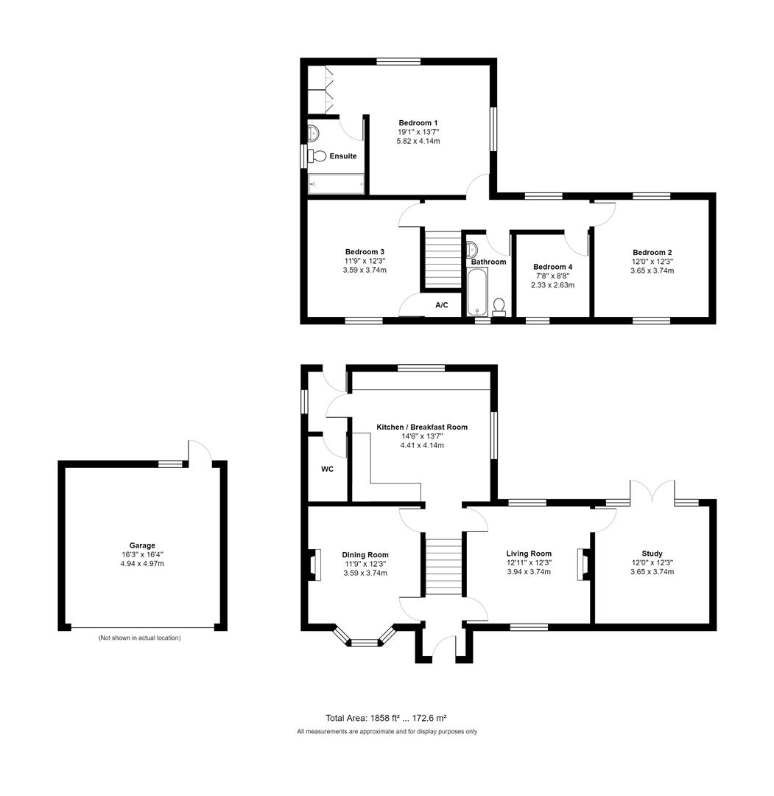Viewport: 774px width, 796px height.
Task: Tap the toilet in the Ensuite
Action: (317, 156)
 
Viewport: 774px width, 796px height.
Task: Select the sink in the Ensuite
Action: (313, 133)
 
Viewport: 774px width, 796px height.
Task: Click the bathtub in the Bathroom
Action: (476, 292)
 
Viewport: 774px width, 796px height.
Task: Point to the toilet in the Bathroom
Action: (499, 306)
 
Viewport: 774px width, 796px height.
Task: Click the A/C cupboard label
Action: (442, 305)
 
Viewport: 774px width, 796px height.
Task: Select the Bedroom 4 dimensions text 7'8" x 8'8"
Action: (552, 276)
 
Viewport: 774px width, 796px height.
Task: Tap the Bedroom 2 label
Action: (652, 251)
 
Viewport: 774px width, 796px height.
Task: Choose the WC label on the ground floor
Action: (328, 469)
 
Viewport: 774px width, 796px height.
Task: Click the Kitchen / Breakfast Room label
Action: (422, 427)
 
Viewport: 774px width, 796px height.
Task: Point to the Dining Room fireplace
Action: (314, 565)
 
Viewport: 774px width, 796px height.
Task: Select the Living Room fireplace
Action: (584, 564)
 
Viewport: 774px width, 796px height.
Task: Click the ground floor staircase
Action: (442, 565)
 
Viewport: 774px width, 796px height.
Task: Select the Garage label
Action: (142, 545)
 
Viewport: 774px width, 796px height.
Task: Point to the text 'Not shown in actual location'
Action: (139, 638)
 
